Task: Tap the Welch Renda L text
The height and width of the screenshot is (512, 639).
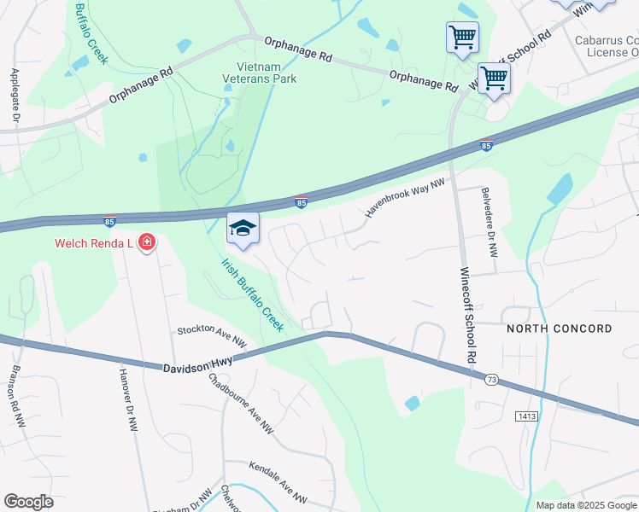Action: (93, 243)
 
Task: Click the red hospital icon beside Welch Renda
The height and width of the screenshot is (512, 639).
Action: (147, 243)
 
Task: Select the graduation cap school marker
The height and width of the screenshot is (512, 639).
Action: (243, 228)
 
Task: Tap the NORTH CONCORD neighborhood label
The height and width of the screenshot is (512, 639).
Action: (560, 329)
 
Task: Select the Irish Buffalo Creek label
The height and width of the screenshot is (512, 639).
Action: (252, 294)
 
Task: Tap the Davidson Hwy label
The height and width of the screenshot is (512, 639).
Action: (198, 363)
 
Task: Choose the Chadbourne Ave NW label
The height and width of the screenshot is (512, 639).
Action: (241, 404)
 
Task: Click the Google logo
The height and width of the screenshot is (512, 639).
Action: (28, 502)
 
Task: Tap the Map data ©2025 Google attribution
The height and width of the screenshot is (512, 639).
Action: (585, 505)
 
